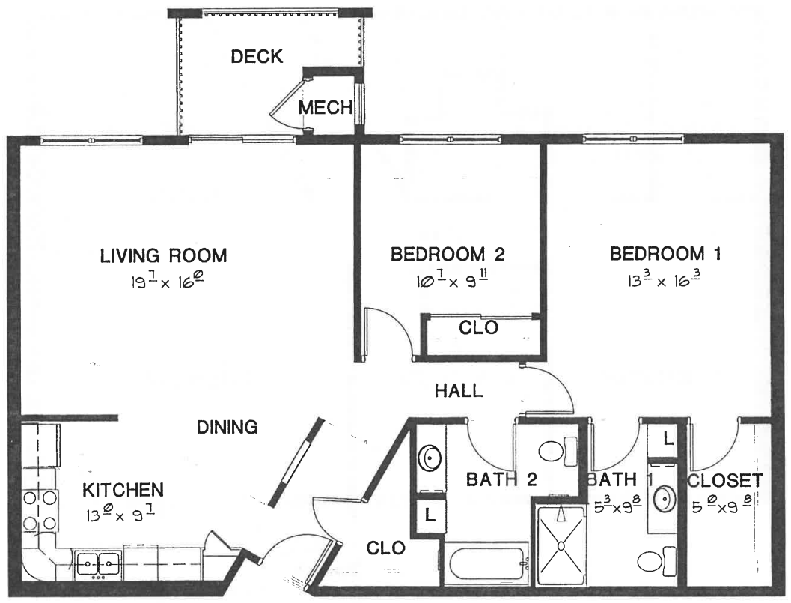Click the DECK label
coord(257,56)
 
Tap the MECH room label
coord(326,107)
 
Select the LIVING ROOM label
coord(163,255)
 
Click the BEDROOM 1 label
coord(665,253)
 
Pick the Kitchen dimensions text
coord(120,515)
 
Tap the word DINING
coord(227,427)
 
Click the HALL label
coord(459,390)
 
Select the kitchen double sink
coord(98,563)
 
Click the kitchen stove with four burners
coord(40,510)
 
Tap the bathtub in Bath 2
coord(486,563)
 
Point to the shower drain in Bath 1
coord(561,545)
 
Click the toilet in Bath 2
coord(558,450)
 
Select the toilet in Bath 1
coord(656,560)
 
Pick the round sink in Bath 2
coord(430,458)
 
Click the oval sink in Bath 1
coord(665,499)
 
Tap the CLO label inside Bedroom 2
coord(478,327)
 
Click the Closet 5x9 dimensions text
coord(722,505)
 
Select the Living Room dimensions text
coord(167,281)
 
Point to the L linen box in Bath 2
coord(430,515)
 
